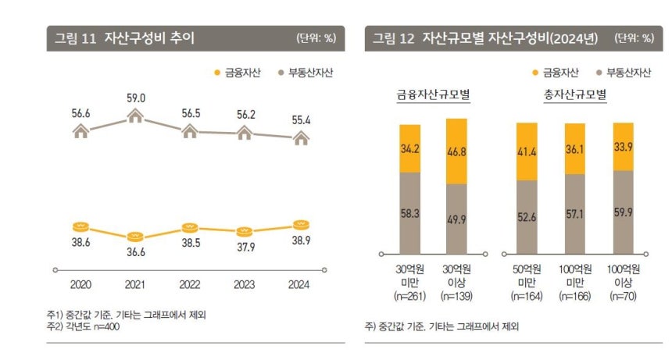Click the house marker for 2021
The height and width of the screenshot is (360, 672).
point(135,117)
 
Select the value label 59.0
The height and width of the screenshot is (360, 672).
point(135,98)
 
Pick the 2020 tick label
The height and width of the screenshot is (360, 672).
point(81,285)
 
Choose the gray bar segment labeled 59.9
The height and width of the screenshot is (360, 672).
point(623,212)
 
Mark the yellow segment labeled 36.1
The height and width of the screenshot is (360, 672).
point(574,148)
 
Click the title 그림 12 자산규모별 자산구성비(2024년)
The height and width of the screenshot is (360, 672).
point(484,38)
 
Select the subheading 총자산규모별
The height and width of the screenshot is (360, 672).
point(575,95)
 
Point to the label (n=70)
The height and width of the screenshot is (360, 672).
point(623,297)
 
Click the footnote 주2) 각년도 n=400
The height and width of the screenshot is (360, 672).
point(83,326)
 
